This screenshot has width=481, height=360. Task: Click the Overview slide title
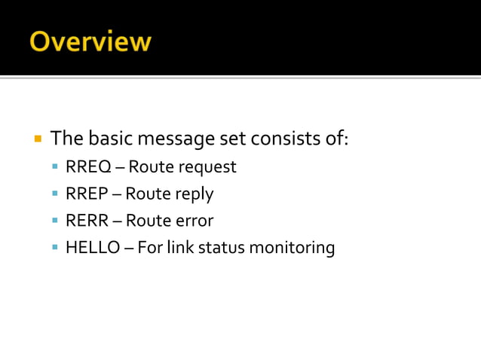click(90, 41)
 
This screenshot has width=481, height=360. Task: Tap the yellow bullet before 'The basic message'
click(37, 139)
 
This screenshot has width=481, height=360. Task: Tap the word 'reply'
click(195, 194)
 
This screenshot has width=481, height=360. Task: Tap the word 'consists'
click(286, 139)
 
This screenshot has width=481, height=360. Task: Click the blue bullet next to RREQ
click(55, 166)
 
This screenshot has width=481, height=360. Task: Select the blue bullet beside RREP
click(55, 194)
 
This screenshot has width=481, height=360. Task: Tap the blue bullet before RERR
click(55, 221)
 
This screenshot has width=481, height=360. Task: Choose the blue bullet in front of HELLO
click(55, 248)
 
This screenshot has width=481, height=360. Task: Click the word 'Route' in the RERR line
click(148, 221)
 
